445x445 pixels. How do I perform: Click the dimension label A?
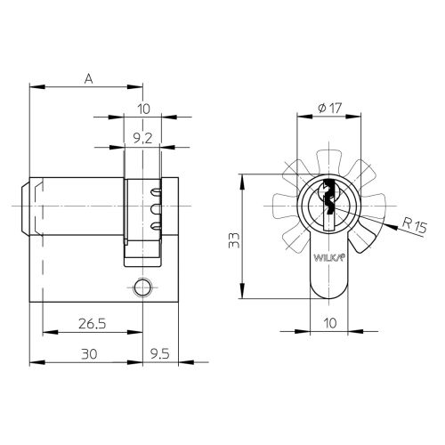coord(88,77)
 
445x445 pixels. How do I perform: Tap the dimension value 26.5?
coord(88,324)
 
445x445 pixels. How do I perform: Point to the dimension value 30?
coord(88,353)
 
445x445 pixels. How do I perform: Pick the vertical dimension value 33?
coord(232,239)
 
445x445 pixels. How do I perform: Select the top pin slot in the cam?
coord(157,192)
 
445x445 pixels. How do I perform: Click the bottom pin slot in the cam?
coord(157,228)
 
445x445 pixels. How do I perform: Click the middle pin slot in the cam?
coord(157,210)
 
